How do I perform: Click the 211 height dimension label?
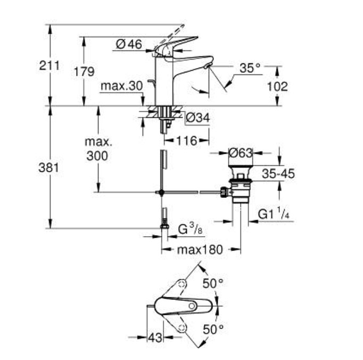pyautogui.click(x=49, y=65)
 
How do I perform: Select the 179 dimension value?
pyautogui.click(x=84, y=71)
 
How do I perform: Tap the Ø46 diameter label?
pyautogui.click(x=129, y=44)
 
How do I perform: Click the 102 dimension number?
pyautogui.click(x=277, y=87)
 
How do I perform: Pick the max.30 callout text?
pyautogui.click(x=122, y=86)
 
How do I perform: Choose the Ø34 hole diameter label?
pyautogui.click(x=198, y=118)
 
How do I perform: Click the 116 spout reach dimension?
pyautogui.click(x=187, y=140)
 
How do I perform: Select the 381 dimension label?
pyautogui.click(x=48, y=168)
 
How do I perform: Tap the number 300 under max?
pyautogui.click(x=97, y=156)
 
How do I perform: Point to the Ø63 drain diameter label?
pyautogui.click(x=240, y=153)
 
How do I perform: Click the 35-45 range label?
pyautogui.click(x=278, y=174)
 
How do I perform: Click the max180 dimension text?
pyautogui.click(x=200, y=250)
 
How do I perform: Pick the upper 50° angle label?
pyautogui.click(x=213, y=283)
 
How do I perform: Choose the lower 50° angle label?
pyautogui.click(x=213, y=329)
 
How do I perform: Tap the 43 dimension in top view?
pyautogui.click(x=155, y=338)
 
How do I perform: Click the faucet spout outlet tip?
pyautogui.click(x=207, y=66)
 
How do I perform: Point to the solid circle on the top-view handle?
pyautogui.click(x=192, y=306)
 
